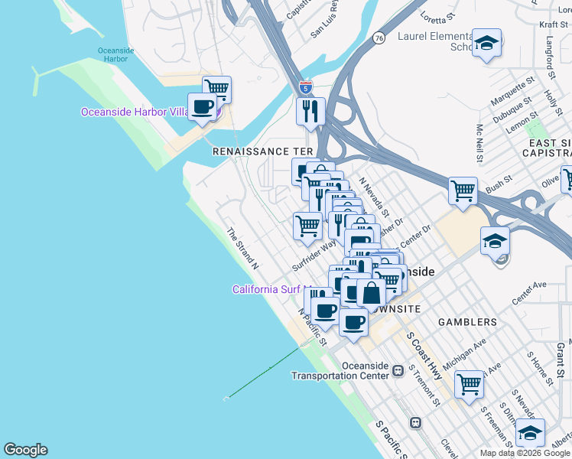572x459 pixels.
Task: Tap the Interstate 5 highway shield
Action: click(306, 86)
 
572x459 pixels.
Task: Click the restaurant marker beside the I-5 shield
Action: click(311, 112)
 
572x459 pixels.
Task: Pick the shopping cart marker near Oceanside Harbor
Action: click(217, 90)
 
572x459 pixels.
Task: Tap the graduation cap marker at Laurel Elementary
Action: click(486, 44)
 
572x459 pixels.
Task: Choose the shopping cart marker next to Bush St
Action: click(463, 190)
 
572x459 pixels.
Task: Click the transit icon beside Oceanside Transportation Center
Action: click(398, 370)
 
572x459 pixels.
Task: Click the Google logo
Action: click(25, 450)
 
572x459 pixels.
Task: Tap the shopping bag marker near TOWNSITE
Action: click(371, 293)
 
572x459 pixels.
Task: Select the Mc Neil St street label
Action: click(480, 144)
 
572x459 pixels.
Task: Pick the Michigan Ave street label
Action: click(465, 347)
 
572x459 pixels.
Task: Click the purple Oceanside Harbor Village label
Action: click(135, 112)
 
